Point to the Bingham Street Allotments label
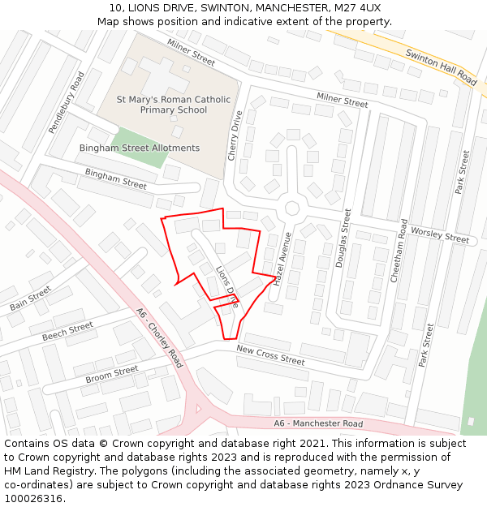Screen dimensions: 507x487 (x=139, y=148)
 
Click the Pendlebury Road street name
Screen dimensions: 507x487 (x=67, y=102)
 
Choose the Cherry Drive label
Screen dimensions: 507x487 (x=236, y=135)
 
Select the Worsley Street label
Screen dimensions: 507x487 (x=440, y=235)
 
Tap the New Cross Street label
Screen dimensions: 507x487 (x=270, y=354)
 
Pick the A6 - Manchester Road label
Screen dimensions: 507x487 (x=318, y=423)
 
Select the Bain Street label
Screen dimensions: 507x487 (x=30, y=299)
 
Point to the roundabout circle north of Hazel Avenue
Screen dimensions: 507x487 (x=291, y=208)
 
